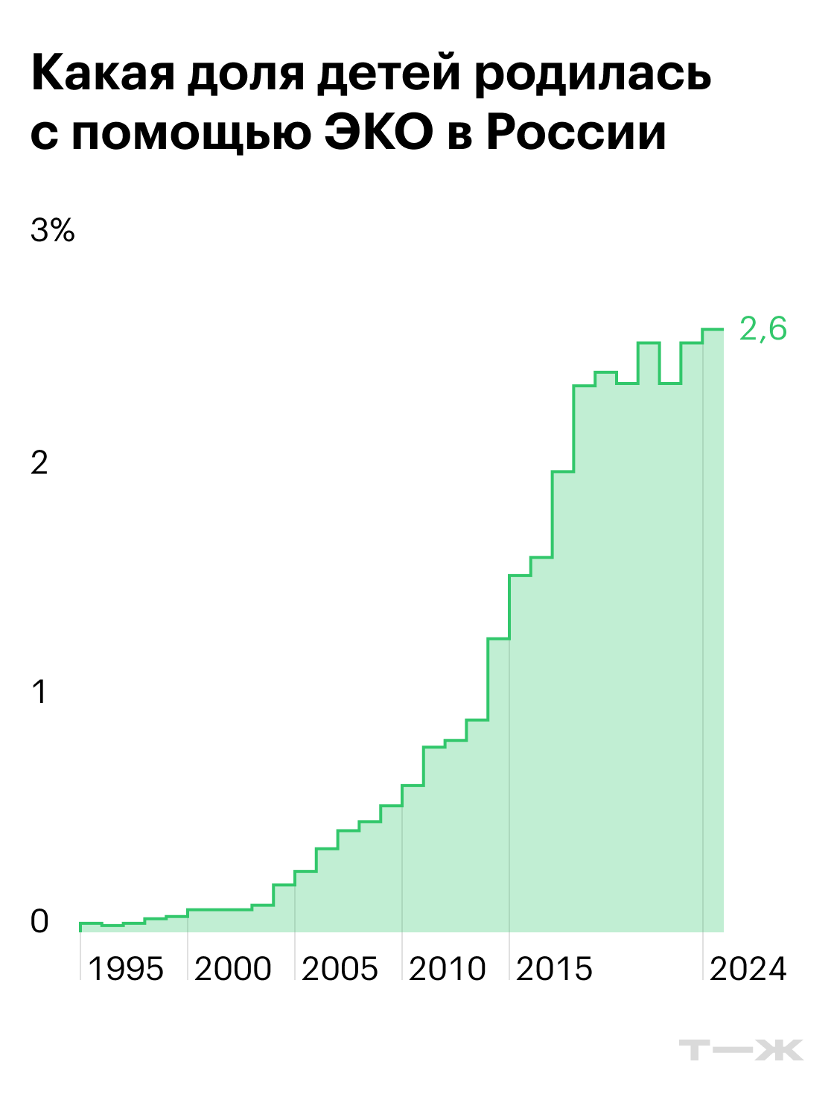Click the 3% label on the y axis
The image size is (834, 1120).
point(53,230)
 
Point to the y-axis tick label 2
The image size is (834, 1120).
point(39,462)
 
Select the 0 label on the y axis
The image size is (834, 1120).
point(39,921)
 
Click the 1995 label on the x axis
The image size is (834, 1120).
point(126,969)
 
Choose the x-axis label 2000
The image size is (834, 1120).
point(233,969)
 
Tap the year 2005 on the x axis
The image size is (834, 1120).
point(340,969)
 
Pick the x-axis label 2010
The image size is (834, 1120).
point(447,969)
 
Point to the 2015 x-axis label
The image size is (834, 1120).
point(554,969)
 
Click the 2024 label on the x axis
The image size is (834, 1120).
point(748,969)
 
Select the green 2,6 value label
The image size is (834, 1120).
point(763,329)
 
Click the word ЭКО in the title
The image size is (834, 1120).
point(379,133)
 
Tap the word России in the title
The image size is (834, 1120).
point(576,133)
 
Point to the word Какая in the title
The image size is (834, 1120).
point(103,73)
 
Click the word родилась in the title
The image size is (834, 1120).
point(593,75)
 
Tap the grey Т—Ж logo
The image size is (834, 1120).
point(741,1050)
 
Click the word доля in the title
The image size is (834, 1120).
point(246,77)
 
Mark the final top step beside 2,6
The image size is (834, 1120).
point(713,329)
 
